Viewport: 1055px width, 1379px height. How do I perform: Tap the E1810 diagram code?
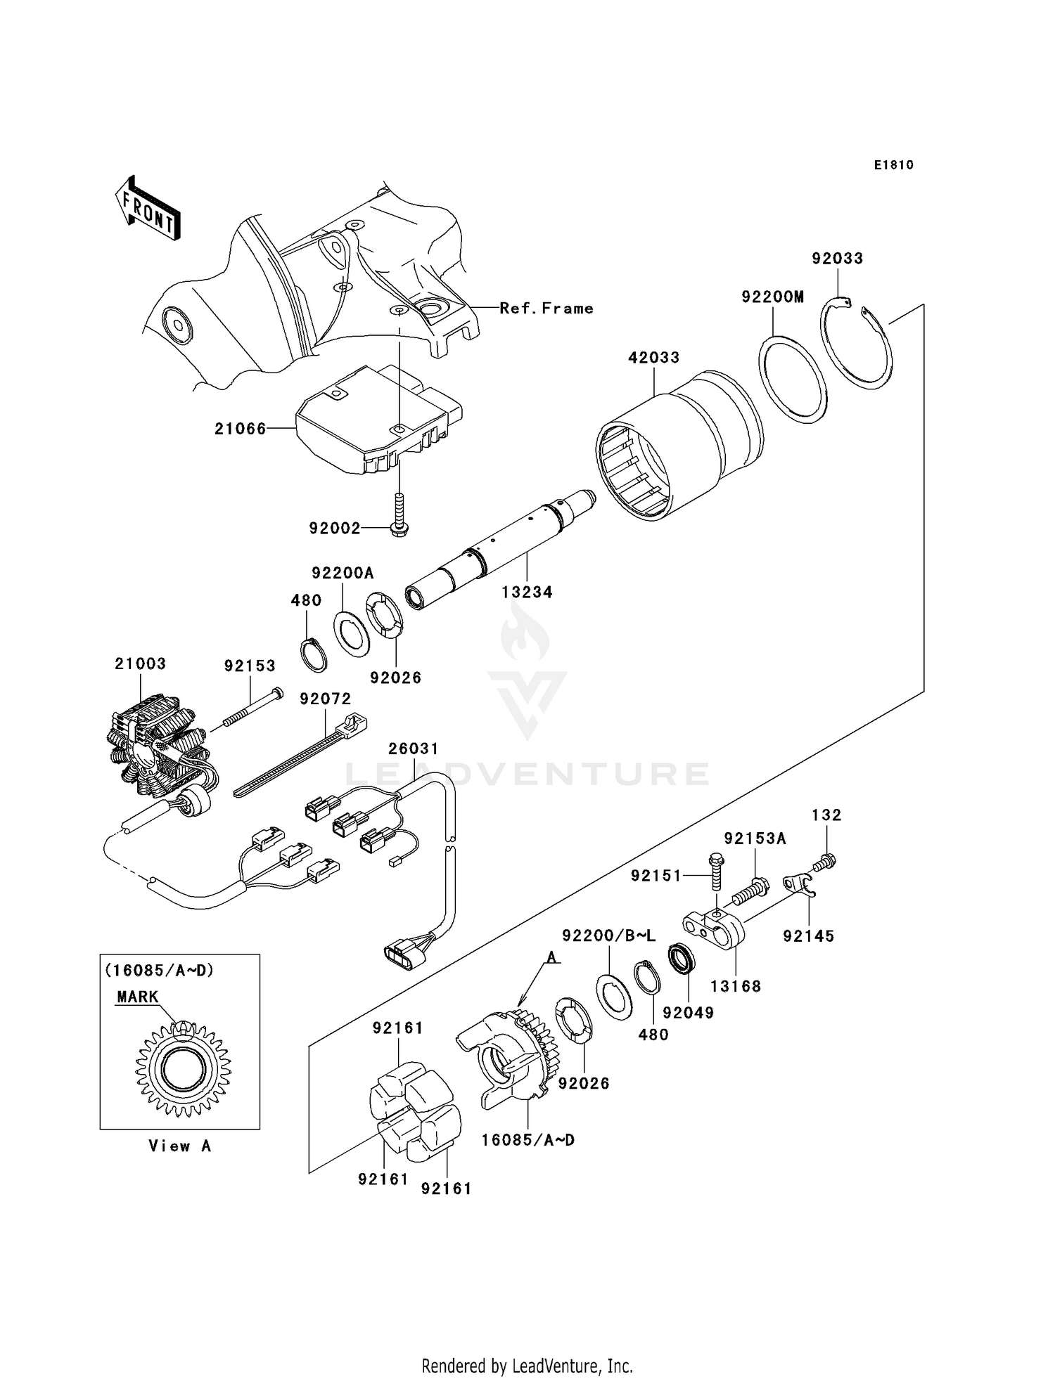[x=894, y=165]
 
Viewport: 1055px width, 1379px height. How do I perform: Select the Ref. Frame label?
[x=546, y=309]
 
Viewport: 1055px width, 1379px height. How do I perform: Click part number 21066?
[x=241, y=428]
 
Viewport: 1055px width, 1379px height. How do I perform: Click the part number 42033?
[x=654, y=358]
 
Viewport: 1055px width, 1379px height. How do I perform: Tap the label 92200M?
[x=772, y=297]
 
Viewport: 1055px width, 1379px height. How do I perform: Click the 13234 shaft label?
[x=527, y=593]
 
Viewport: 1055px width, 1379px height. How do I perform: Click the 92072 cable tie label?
[x=325, y=699]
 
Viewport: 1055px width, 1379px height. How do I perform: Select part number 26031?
[x=414, y=749]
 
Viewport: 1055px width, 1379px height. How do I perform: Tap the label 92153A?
[x=755, y=839]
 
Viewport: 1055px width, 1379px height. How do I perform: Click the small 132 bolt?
[x=826, y=860]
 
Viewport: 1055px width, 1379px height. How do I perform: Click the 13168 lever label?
[x=736, y=986]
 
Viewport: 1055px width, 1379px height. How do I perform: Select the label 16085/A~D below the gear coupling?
[x=528, y=1139]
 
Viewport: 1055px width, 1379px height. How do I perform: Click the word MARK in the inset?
[x=138, y=997]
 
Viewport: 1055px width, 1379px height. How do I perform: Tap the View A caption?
[x=180, y=1146]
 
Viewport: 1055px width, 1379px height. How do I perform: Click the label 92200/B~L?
[x=609, y=935]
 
